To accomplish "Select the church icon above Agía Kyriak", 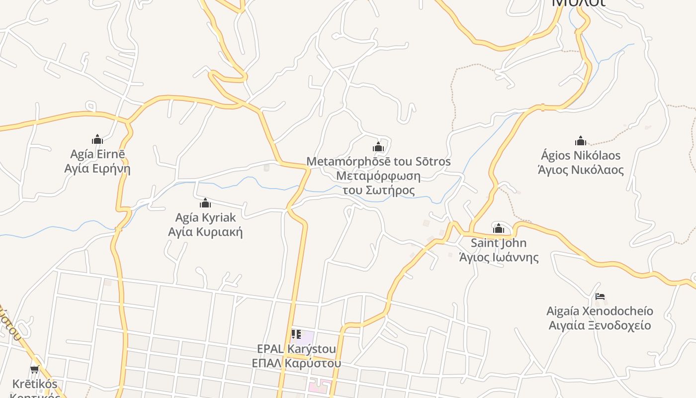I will pos(205,203).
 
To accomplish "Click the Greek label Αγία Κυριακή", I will pos(205,232).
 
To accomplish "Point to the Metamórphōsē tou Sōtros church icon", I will pos(378,147).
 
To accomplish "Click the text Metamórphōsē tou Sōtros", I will pos(378,161).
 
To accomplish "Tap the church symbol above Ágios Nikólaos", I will pos(581,141).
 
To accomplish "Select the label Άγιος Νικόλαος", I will pos(581,170).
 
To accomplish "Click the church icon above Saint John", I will pos(499,228).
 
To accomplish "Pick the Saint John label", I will pos(499,243).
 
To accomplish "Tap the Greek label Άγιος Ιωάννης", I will pos(499,257).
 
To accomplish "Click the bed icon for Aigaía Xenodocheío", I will pos(600,297).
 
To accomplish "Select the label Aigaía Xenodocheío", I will pos(600,311).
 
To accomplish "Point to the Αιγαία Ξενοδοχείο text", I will pos(600,326).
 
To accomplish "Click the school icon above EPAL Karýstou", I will pos(296,334).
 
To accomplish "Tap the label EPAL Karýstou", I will pos(296,348).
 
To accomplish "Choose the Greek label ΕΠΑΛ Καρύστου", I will pos(296,363).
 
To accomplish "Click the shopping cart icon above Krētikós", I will pos(34,369).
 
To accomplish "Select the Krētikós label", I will pos(35,384).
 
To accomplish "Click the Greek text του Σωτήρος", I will pos(379,190).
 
